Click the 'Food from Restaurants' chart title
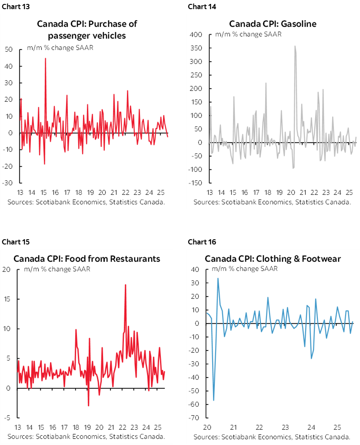87,258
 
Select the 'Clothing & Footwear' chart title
273,258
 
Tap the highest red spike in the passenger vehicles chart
45,58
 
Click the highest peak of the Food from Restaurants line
125,284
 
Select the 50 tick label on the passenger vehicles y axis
9,49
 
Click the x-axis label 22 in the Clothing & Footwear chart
259,427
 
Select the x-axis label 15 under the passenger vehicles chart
43,193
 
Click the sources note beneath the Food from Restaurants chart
86,436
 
